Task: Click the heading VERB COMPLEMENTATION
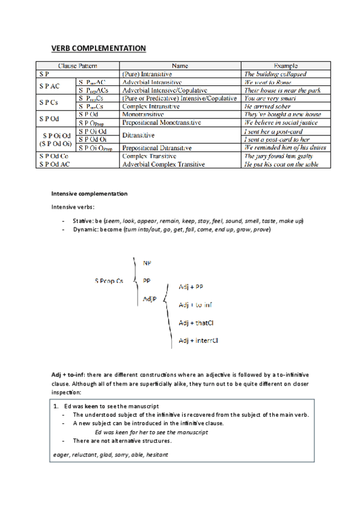98,48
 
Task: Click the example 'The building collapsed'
275,73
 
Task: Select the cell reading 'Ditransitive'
140,135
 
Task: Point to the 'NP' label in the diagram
147,263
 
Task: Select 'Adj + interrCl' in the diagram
198,340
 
